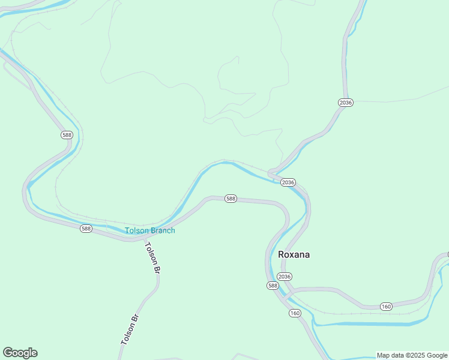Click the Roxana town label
(294, 254)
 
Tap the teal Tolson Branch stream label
(150, 230)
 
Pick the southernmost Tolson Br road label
(130, 329)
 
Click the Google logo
(20, 353)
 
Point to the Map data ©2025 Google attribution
(412, 355)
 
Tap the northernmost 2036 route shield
(345, 103)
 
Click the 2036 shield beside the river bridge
(288, 182)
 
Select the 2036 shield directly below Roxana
(285, 277)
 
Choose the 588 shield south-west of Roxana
(273, 286)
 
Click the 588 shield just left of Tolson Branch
(86, 229)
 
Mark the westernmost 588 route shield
(67, 135)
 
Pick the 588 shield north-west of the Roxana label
(231, 199)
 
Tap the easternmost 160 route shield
(385, 307)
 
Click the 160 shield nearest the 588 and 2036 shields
(294, 313)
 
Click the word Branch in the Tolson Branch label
(163, 230)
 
